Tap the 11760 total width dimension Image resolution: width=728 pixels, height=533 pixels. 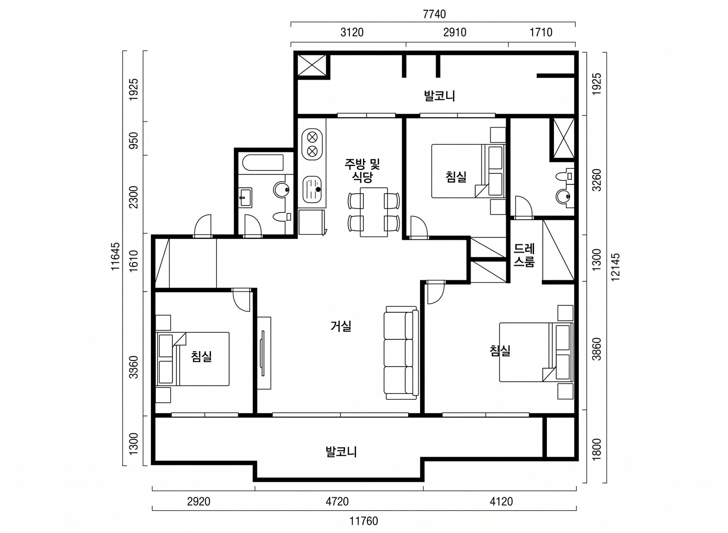(x=364, y=521)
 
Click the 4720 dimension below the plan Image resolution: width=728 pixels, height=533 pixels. (x=337, y=501)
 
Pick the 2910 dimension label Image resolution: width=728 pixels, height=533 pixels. (x=455, y=32)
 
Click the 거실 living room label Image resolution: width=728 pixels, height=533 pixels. (x=341, y=326)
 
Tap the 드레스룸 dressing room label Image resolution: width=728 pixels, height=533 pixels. (x=524, y=255)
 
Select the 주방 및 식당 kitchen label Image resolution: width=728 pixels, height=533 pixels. (x=362, y=170)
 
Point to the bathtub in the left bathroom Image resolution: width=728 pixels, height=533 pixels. (x=263, y=163)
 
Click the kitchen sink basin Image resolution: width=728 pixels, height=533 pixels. (x=312, y=189)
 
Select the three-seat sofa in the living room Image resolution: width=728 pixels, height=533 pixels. (x=401, y=353)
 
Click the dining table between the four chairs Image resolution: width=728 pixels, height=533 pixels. (x=374, y=212)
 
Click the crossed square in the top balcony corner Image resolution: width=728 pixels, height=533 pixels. (x=312, y=66)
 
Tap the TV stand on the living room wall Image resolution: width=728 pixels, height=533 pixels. (x=264, y=353)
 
